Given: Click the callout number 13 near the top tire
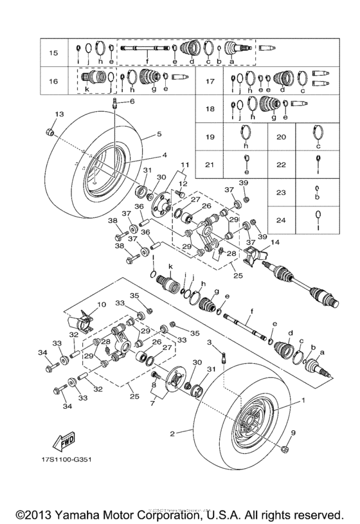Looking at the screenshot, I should coord(59,114).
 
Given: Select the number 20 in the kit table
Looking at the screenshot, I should coord(280,138).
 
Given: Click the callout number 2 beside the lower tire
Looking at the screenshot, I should coord(172,434).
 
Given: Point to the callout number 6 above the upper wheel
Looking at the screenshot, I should coord(132,102).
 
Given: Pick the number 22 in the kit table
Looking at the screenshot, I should coord(280,164).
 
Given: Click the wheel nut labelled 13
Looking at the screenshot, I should coord(48,133).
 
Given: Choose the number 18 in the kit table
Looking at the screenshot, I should coord(209,109).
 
